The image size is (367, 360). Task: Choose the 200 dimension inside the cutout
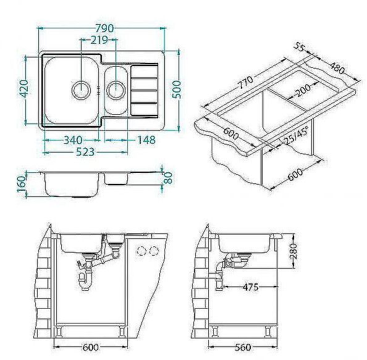point(302,91)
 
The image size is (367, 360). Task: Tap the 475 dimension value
point(250,288)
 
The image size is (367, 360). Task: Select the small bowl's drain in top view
point(116,91)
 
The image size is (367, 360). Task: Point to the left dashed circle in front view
point(141,250)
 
